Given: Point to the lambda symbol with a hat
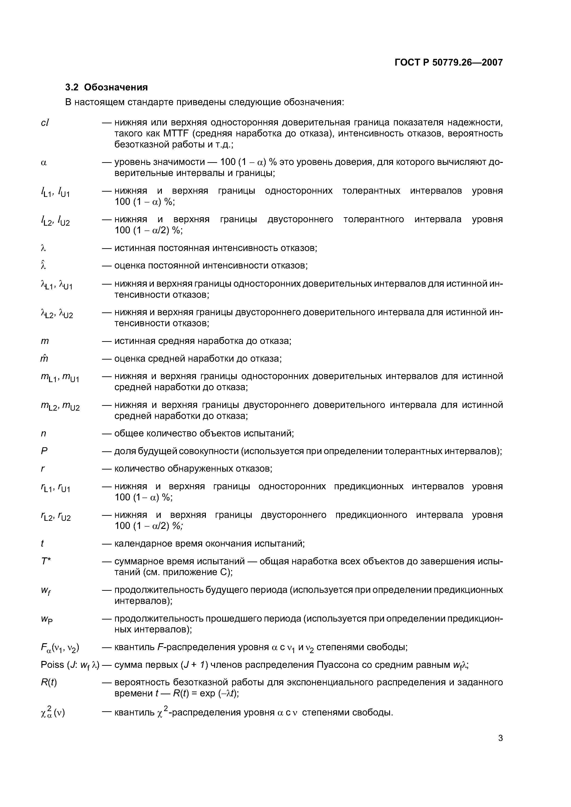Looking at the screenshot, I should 44,265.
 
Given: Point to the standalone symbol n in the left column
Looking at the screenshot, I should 44,434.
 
